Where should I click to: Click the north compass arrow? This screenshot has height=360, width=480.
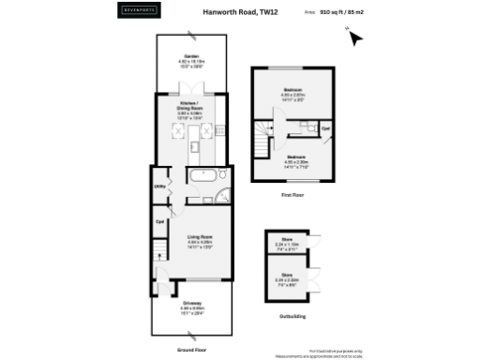(353, 37)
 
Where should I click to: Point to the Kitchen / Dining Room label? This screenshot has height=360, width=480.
(190, 108)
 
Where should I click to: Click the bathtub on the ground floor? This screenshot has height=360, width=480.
(202, 175)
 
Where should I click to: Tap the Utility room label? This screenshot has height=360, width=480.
(160, 187)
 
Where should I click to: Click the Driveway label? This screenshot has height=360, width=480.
(192, 304)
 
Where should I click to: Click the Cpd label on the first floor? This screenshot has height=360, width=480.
(325, 127)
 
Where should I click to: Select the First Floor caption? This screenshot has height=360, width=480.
(292, 195)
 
